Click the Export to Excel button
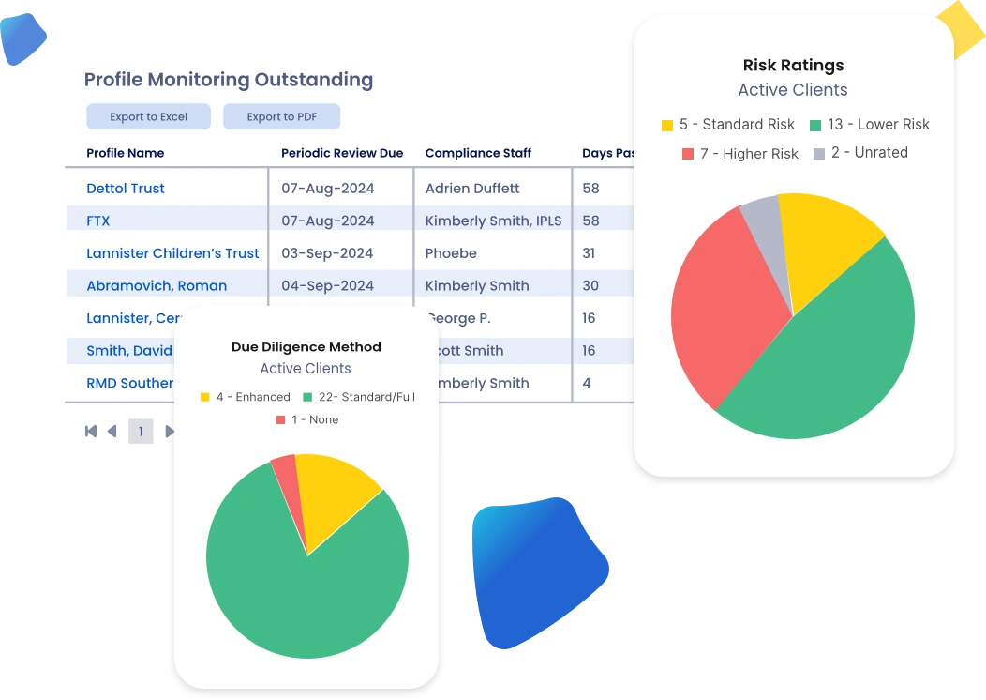pos(148,117)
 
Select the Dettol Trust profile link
pos(126,189)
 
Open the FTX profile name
pos(98,221)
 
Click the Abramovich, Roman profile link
pos(157,286)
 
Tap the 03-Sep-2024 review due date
pos(327,253)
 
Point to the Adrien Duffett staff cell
pos(471,189)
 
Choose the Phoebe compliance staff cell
pos(451,253)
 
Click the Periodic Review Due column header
pos(342,153)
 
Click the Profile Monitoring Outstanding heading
pos(229,81)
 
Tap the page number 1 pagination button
pos(141,432)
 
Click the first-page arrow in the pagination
pos(91,432)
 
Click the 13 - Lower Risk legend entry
pos(869,125)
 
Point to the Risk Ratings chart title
pos(793,66)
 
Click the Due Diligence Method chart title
pos(306,347)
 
